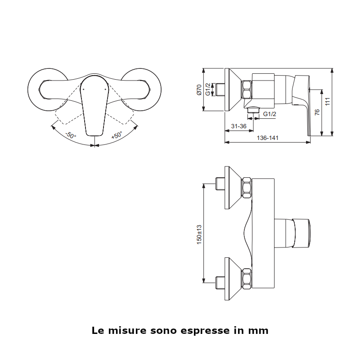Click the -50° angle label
click(x=71, y=135)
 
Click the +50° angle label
click(x=117, y=135)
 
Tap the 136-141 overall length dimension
click(x=267, y=138)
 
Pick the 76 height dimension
click(x=317, y=112)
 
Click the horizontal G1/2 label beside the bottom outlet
click(x=269, y=114)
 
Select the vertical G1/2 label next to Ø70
click(x=207, y=90)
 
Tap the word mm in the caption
click(x=258, y=331)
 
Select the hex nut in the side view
click(x=247, y=90)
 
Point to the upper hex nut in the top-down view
click(x=247, y=187)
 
